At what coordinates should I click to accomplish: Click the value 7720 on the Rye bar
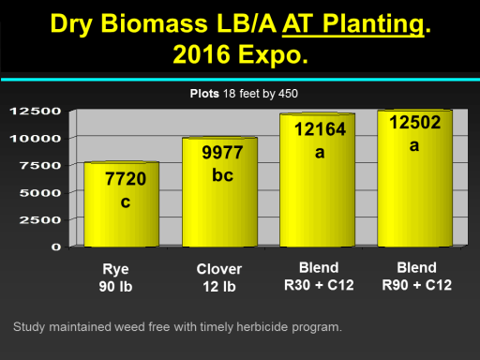click(x=126, y=179)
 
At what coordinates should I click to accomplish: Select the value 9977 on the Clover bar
click(x=222, y=153)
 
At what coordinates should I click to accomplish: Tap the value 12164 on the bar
click(x=320, y=129)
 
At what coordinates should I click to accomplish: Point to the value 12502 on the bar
click(x=415, y=122)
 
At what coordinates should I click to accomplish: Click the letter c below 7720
click(x=126, y=202)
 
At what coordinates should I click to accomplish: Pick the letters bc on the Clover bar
click(x=222, y=175)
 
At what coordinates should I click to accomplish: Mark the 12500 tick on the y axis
click(x=36, y=111)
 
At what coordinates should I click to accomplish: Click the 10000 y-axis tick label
click(x=36, y=139)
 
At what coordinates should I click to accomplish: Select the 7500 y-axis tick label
click(x=40, y=165)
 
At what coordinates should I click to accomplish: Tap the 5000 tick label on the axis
click(x=40, y=193)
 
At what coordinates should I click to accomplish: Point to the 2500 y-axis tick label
click(x=40, y=220)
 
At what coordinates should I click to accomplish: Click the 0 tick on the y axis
click(x=56, y=247)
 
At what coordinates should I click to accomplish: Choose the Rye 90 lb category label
click(x=115, y=277)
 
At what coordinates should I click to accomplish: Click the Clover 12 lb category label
click(x=219, y=277)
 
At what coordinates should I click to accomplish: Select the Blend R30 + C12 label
click(x=319, y=277)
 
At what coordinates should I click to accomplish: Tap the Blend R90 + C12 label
click(x=417, y=277)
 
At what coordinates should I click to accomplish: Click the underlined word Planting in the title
click(x=373, y=23)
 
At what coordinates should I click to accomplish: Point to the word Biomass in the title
click(x=154, y=23)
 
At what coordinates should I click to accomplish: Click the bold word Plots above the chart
click(x=204, y=94)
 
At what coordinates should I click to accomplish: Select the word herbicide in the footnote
click(x=262, y=327)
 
